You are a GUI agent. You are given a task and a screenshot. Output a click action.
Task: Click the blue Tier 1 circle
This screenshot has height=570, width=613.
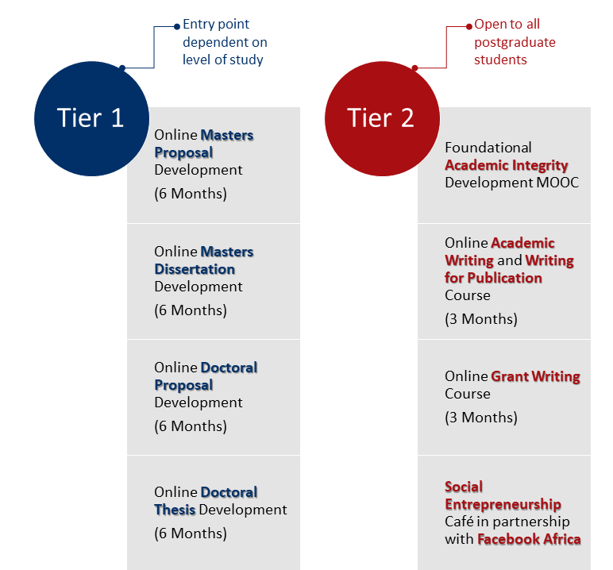(x=91, y=118)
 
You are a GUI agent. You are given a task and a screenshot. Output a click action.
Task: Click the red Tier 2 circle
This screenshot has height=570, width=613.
(x=382, y=118)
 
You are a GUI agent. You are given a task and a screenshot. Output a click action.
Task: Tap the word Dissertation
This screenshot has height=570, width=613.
(x=195, y=269)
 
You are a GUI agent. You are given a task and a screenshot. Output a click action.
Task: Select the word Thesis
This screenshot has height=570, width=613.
(x=175, y=510)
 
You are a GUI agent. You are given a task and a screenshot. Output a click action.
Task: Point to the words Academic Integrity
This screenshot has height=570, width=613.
(x=507, y=165)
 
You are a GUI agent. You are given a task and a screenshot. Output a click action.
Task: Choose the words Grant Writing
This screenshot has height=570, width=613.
(x=535, y=376)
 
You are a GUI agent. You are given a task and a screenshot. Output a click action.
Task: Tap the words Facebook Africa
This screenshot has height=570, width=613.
(x=529, y=539)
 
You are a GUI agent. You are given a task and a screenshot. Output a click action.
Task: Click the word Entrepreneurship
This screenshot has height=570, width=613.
(x=503, y=504)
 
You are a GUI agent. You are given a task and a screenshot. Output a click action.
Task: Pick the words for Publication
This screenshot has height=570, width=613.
(x=493, y=278)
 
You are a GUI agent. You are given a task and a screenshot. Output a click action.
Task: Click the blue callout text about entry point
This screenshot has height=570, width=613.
(x=225, y=42)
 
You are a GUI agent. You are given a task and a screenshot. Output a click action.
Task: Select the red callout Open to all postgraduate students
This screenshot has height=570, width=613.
(x=515, y=42)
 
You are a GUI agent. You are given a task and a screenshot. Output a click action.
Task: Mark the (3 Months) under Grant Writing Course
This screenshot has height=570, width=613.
(x=481, y=418)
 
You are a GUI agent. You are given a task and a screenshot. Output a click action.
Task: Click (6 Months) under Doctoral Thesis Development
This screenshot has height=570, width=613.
(x=191, y=533)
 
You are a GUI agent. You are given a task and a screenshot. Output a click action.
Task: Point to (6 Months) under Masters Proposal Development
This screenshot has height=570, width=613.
(x=191, y=194)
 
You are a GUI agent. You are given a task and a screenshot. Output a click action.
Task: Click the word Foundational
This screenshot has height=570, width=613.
(x=488, y=148)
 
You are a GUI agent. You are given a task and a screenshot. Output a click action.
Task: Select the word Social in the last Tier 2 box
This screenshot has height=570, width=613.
(x=464, y=487)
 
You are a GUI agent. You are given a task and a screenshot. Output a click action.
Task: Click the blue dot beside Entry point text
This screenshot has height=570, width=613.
(x=177, y=27)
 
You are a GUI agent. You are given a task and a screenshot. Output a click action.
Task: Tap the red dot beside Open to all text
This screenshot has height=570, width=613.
(x=469, y=27)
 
